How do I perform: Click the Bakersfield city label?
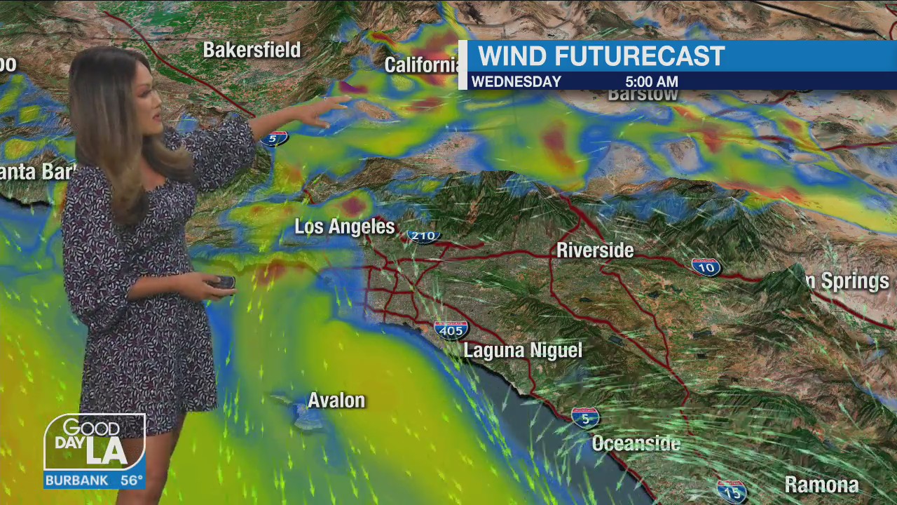coord(252,50)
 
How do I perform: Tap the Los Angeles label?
coord(344,227)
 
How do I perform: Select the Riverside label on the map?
coord(595,250)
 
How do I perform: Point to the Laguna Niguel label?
coord(523,351)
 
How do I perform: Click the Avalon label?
coord(336,400)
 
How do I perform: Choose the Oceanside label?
coord(636,443)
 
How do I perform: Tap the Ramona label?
coord(821,485)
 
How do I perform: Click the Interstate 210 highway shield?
coord(424,236)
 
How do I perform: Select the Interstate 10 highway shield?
coord(706,267)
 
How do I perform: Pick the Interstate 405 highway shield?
coord(451,330)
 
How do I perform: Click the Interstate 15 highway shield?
coord(731,491)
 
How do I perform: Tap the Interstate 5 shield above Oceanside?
coord(585,418)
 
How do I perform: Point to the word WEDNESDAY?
coord(516,81)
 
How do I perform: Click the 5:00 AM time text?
coord(651,81)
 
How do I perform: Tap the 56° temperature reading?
coord(131,480)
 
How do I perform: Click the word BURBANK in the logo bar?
coord(76,480)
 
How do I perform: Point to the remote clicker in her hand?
coord(224,283)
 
